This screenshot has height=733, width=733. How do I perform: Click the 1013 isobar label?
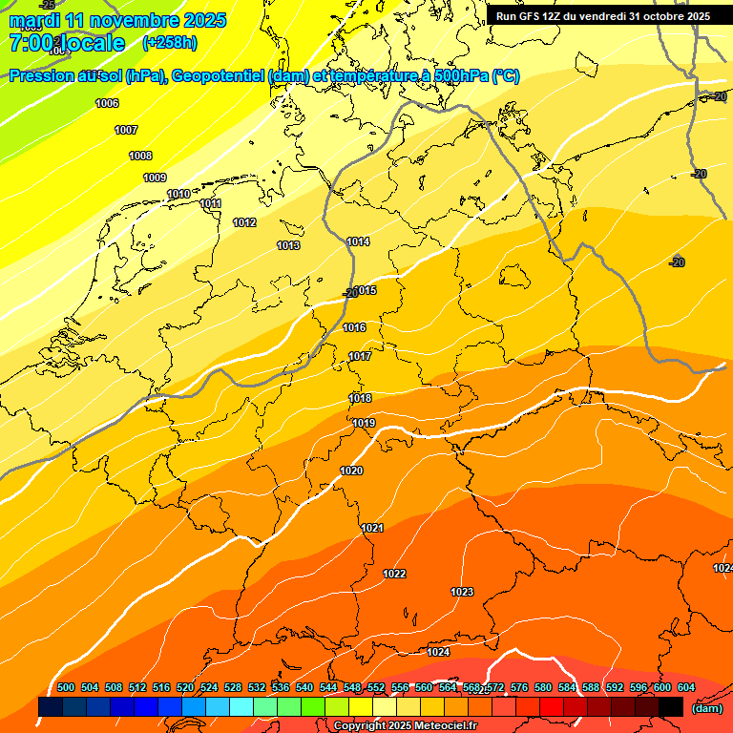point(288,245)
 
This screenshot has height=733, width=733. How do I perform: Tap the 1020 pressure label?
point(351,471)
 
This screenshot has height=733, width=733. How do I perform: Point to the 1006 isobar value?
point(107,103)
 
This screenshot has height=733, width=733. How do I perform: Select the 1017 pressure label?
point(360,356)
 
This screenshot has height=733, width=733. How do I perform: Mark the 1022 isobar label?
point(394,574)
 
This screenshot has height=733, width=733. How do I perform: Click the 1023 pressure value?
point(462,592)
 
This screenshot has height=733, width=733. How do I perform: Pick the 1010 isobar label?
point(178,194)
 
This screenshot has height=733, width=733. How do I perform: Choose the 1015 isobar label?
point(366,290)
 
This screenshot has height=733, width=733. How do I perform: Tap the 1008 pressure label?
point(140,156)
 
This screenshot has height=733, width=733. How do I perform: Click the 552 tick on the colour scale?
point(376,687)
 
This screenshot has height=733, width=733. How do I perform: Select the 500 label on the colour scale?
point(66,687)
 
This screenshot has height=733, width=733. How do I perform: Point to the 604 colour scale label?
point(686,687)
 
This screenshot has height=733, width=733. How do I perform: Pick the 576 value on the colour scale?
point(519,687)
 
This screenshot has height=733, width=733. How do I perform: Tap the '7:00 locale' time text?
point(67,43)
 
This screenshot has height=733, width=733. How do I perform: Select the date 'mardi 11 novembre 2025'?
point(117,19)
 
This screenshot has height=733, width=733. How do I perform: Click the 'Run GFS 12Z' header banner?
point(602,16)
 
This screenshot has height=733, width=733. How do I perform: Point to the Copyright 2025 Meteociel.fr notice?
point(405,726)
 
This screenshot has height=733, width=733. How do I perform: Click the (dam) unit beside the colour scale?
point(707,708)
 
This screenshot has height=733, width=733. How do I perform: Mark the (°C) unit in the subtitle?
point(505,76)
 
